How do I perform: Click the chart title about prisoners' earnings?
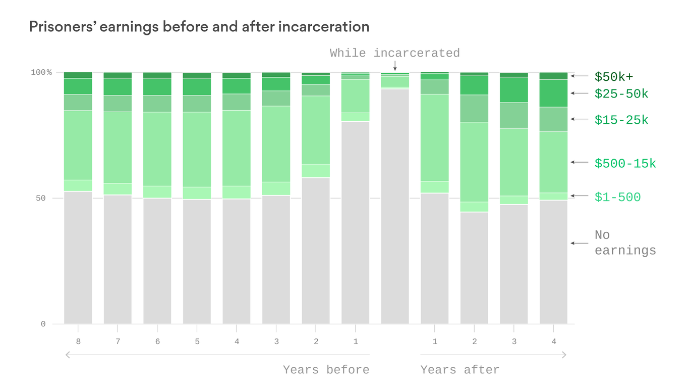pos(199,27)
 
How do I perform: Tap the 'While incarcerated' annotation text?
pos(394,53)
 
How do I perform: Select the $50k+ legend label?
pos(613,77)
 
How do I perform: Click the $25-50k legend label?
pos(621,94)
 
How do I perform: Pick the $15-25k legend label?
pos(621,120)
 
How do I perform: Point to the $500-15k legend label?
pos(625,164)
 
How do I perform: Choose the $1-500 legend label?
pos(617,198)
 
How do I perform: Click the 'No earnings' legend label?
pos(625,243)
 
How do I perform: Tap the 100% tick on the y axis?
pos(41,72)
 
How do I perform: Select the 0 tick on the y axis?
pos(43,324)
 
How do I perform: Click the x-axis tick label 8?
pos(78,342)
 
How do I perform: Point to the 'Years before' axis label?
pos(326,370)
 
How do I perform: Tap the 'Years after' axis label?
pos(460,370)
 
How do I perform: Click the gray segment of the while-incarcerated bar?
pos(395,207)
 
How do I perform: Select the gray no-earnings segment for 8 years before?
pos(78,258)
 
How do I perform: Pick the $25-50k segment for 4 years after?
pos(553,93)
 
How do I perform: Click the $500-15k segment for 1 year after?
pos(434,137)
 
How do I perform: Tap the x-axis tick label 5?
pos(197,342)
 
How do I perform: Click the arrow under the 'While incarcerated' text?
pos(395,66)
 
